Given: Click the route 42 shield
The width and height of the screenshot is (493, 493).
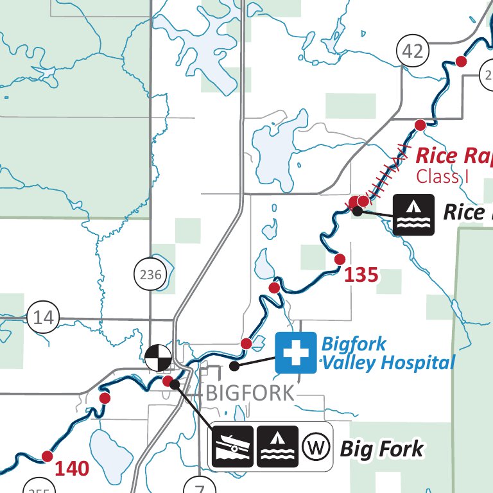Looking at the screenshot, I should pos(412,51).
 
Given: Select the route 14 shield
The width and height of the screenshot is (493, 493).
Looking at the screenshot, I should pos(44,318).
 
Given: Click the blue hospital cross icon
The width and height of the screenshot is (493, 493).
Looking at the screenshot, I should pos(296,352).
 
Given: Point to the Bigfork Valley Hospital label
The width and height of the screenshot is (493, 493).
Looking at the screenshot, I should pos(388,352).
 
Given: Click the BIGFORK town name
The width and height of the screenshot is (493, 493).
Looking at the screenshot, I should pos(250,393).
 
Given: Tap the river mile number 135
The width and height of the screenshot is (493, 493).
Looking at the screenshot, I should pos(361,275).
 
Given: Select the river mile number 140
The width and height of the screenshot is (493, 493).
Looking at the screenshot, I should pos(71,469).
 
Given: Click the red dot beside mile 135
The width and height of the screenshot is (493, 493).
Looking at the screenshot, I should pos(340,259).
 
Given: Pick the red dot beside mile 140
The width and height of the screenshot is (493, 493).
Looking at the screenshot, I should pos(47,456).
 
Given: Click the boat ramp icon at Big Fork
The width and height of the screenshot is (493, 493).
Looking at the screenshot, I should pos(232,446).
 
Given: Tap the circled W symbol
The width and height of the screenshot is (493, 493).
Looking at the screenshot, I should pos(315,446).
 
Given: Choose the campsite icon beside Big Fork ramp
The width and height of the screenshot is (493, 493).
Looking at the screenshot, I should pos(277,446).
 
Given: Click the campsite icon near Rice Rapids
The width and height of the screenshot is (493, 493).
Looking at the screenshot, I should pos(413,214).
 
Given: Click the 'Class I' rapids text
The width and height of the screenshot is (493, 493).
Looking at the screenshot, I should pos(438,176).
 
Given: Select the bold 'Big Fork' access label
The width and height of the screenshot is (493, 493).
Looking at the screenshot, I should pos(381,449).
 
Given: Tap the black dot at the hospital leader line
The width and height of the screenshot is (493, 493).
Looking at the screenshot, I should pos(234,365).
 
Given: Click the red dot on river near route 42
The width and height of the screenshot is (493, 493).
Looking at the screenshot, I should pos(460,61).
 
